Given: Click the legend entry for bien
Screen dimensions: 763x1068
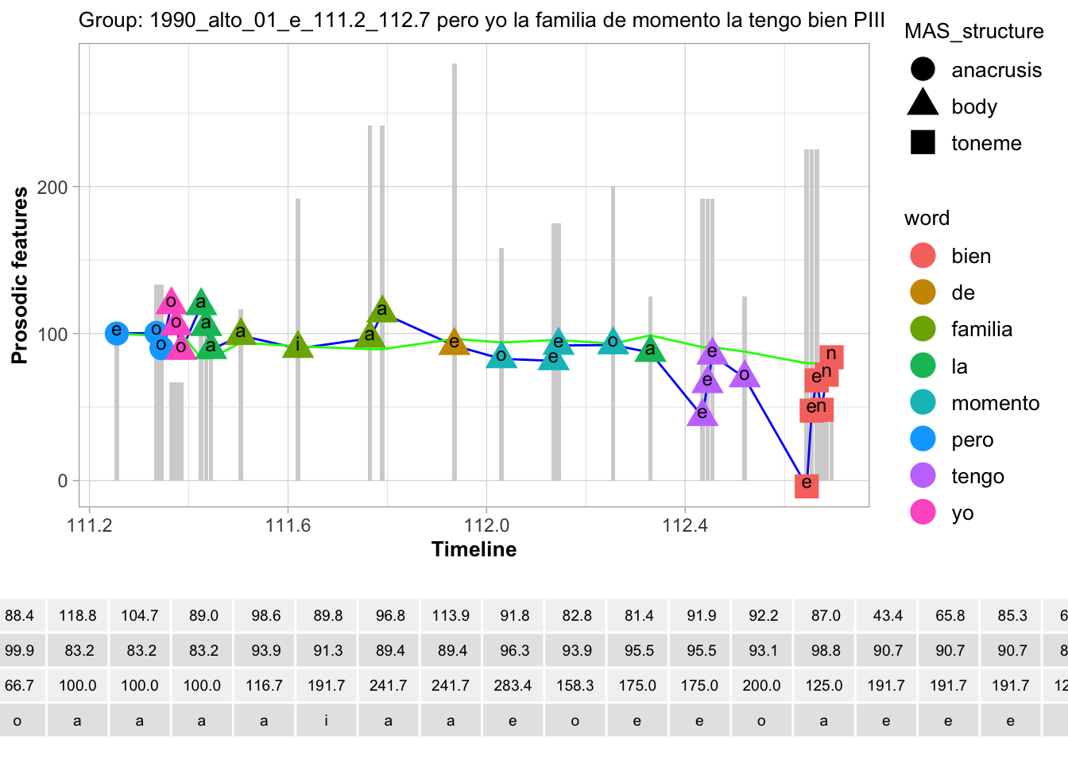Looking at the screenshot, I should [x=970, y=256].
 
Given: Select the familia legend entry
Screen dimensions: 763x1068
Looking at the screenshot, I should [x=981, y=329].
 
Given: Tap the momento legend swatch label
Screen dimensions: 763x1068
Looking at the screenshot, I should [x=995, y=403].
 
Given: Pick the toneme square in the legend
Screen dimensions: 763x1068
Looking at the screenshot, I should [x=923, y=143].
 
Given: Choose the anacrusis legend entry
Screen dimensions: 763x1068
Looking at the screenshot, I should [x=996, y=70].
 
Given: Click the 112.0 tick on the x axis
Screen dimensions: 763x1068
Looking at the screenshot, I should [x=486, y=525].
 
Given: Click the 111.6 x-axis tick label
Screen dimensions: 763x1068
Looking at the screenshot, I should [x=288, y=525].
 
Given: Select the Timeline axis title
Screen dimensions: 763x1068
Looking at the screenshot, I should [x=474, y=549].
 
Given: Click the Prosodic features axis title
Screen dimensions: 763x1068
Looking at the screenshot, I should [x=20, y=275].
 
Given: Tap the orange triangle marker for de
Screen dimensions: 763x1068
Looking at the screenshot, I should [x=455, y=342].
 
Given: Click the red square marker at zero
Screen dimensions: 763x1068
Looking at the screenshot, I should [x=807, y=483].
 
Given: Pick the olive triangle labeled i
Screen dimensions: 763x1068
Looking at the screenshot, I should [x=298, y=344].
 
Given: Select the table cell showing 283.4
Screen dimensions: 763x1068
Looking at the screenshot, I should [x=513, y=685].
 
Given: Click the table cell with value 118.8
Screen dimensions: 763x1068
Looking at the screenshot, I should [x=78, y=615].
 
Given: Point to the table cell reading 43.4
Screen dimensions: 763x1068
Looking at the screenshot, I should [x=887, y=615].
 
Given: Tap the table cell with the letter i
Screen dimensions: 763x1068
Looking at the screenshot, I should [x=327, y=721].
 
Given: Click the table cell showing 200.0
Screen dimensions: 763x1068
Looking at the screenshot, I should [x=761, y=685].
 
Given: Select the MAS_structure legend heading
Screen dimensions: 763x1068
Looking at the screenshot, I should [x=974, y=31].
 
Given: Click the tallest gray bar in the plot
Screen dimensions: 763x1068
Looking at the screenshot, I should [x=455, y=270].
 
